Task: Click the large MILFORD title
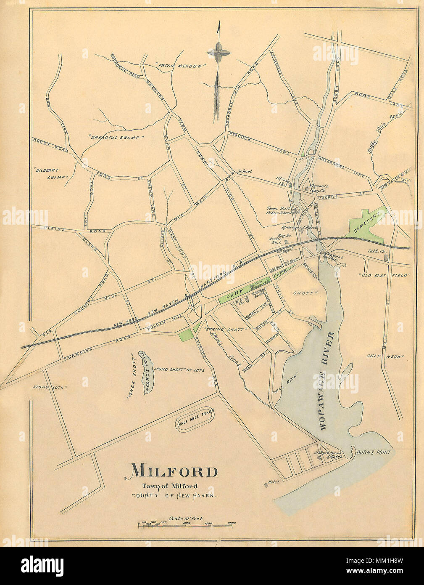[171, 471]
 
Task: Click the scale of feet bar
[187, 525]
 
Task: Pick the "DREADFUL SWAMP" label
[116, 137]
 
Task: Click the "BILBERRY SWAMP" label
[51, 174]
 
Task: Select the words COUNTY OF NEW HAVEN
[174, 496]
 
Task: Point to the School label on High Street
[244, 172]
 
